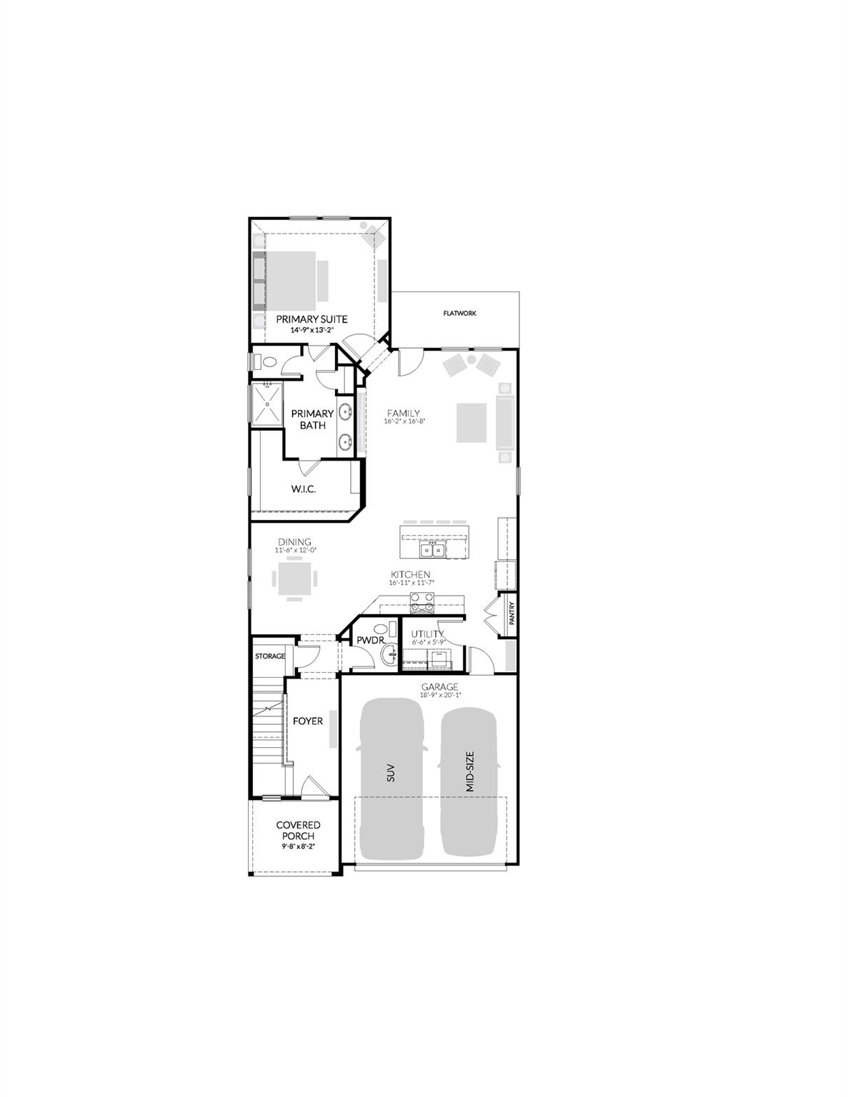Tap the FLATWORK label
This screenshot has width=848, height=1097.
tap(459, 314)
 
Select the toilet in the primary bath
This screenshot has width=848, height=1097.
tap(268, 362)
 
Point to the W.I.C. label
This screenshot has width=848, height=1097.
tap(303, 489)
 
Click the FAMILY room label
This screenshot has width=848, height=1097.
tap(404, 413)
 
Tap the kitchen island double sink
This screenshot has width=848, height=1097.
tap(432, 549)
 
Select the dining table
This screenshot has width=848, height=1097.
tap(294, 578)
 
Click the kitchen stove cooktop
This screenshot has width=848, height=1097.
tap(421, 603)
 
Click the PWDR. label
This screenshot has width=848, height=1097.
tap(371, 640)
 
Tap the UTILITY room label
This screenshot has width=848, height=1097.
tap(427, 633)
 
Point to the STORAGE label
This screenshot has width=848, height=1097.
tap(270, 656)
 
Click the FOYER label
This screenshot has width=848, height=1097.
tap(308, 721)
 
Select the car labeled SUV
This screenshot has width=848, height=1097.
tap(391, 778)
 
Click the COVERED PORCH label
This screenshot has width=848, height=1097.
tap(298, 831)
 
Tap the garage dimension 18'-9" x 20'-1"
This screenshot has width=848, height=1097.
tap(440, 694)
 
